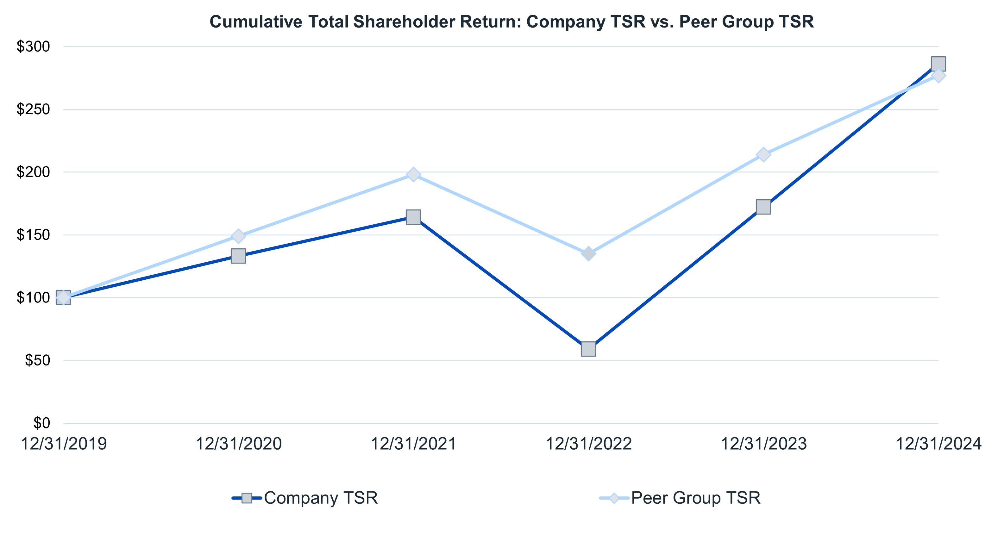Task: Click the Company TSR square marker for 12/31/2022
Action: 588,349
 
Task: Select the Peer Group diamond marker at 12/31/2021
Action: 413,175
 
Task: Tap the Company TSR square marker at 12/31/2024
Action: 938,64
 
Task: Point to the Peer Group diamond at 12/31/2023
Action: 763,155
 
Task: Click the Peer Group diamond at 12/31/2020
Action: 238,236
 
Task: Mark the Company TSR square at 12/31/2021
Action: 413,217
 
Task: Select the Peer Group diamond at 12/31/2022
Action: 588,253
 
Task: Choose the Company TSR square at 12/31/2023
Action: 763,207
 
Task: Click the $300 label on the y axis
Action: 34,47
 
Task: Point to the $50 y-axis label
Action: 37,360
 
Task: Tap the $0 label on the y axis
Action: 41,423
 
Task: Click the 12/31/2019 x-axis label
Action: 64,444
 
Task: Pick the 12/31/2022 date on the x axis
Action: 588,444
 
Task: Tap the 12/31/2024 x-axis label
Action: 939,444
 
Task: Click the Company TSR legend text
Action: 321,498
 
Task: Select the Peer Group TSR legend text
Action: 696,498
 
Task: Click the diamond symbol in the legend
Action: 614,498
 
